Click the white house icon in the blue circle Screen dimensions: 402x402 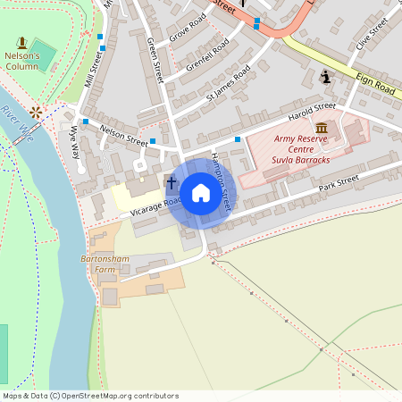point(201,192)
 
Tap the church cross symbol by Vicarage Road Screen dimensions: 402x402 point(172,183)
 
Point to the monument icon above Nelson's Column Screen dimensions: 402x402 point(21,42)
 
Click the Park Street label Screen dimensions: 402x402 point(338,184)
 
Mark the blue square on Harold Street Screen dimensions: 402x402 point(238,138)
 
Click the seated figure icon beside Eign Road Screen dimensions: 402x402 point(326,77)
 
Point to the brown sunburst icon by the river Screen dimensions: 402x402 point(36,112)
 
